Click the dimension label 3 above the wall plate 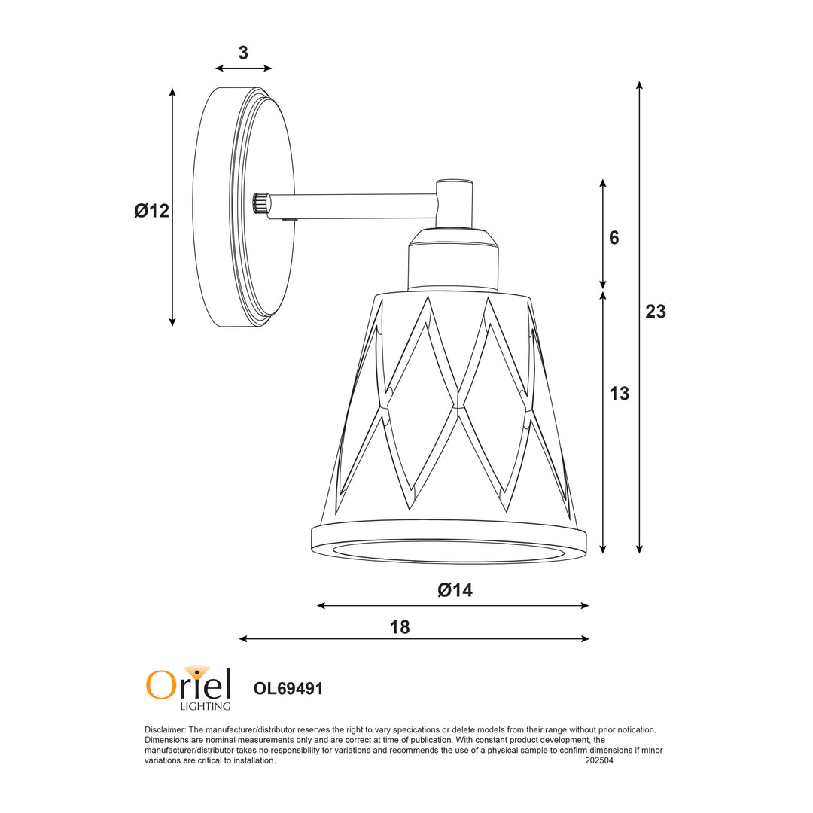243,53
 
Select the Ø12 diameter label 152,211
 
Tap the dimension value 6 614,238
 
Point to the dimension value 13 619,394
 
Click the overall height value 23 656,312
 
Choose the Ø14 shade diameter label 455,590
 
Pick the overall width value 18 400,626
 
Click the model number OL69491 288,688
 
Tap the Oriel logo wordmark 188,684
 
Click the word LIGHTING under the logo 205,706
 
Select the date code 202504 599,761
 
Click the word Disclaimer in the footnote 164,729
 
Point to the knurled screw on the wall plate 260,203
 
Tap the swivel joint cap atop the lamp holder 455,183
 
